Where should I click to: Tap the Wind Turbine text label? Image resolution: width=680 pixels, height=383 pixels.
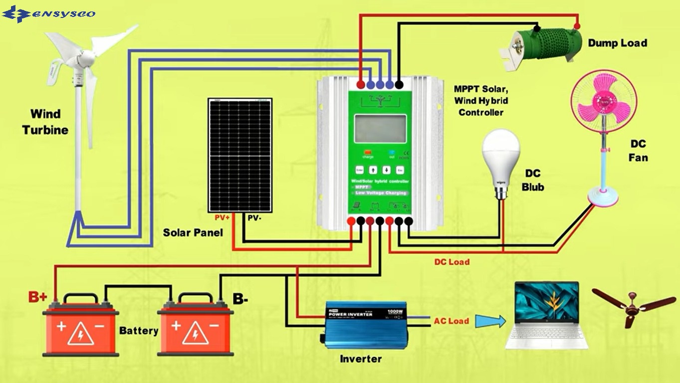(x=45, y=122)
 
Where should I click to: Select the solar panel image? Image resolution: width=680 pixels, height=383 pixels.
(x=240, y=155)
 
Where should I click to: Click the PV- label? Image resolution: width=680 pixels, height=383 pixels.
(x=253, y=217)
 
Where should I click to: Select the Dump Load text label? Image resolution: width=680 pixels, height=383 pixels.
(x=617, y=43)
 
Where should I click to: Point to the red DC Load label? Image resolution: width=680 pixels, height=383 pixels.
(x=452, y=262)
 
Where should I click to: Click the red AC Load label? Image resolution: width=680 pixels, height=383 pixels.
(x=451, y=321)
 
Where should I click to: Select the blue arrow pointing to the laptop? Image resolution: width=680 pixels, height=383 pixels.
(x=490, y=321)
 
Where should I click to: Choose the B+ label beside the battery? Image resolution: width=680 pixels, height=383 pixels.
(x=37, y=298)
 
